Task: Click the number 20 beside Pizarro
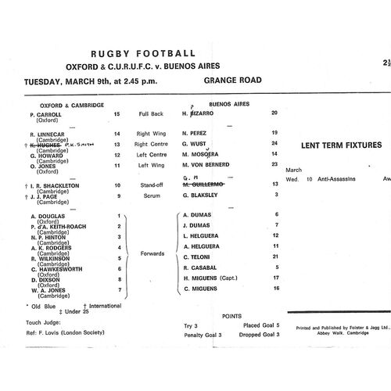click(274, 113)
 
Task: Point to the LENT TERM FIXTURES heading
click(341, 145)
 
